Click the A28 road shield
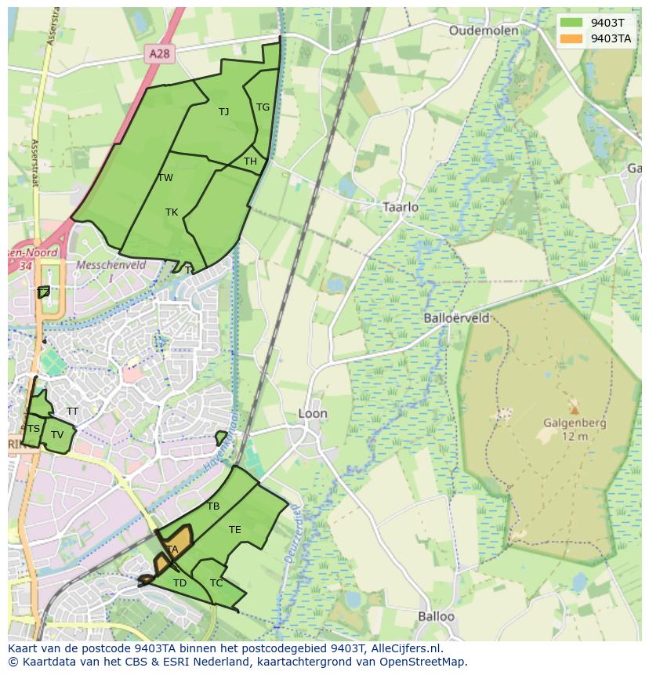tap(159, 53)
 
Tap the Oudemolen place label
tap(484, 31)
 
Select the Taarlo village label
tap(401, 207)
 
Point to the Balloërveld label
tap(456, 318)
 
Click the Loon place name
tap(313, 413)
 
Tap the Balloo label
tap(436, 616)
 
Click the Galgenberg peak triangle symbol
tap(575, 409)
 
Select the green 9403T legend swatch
tap(571, 22)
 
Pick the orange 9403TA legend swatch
tap(571, 38)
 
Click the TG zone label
tap(263, 107)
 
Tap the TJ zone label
tap(223, 112)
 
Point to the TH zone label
tap(250, 161)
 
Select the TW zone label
tap(165, 178)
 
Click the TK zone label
tap(172, 212)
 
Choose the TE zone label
tap(234, 530)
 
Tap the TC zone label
tap(216, 583)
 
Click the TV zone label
tap(57, 435)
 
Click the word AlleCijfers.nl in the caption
tap(407, 648)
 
